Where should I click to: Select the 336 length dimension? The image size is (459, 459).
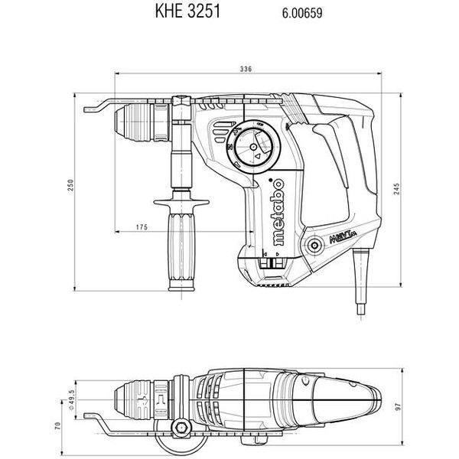[246, 70]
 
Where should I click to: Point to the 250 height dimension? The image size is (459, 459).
[70, 186]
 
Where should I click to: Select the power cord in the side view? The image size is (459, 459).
[359, 283]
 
